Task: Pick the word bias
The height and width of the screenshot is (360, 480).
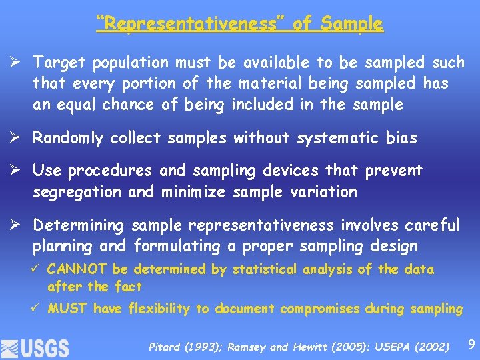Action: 401,138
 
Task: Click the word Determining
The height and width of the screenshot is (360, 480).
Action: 79,225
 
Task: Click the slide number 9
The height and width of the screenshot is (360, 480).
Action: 471,345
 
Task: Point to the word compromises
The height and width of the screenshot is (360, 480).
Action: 317,309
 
